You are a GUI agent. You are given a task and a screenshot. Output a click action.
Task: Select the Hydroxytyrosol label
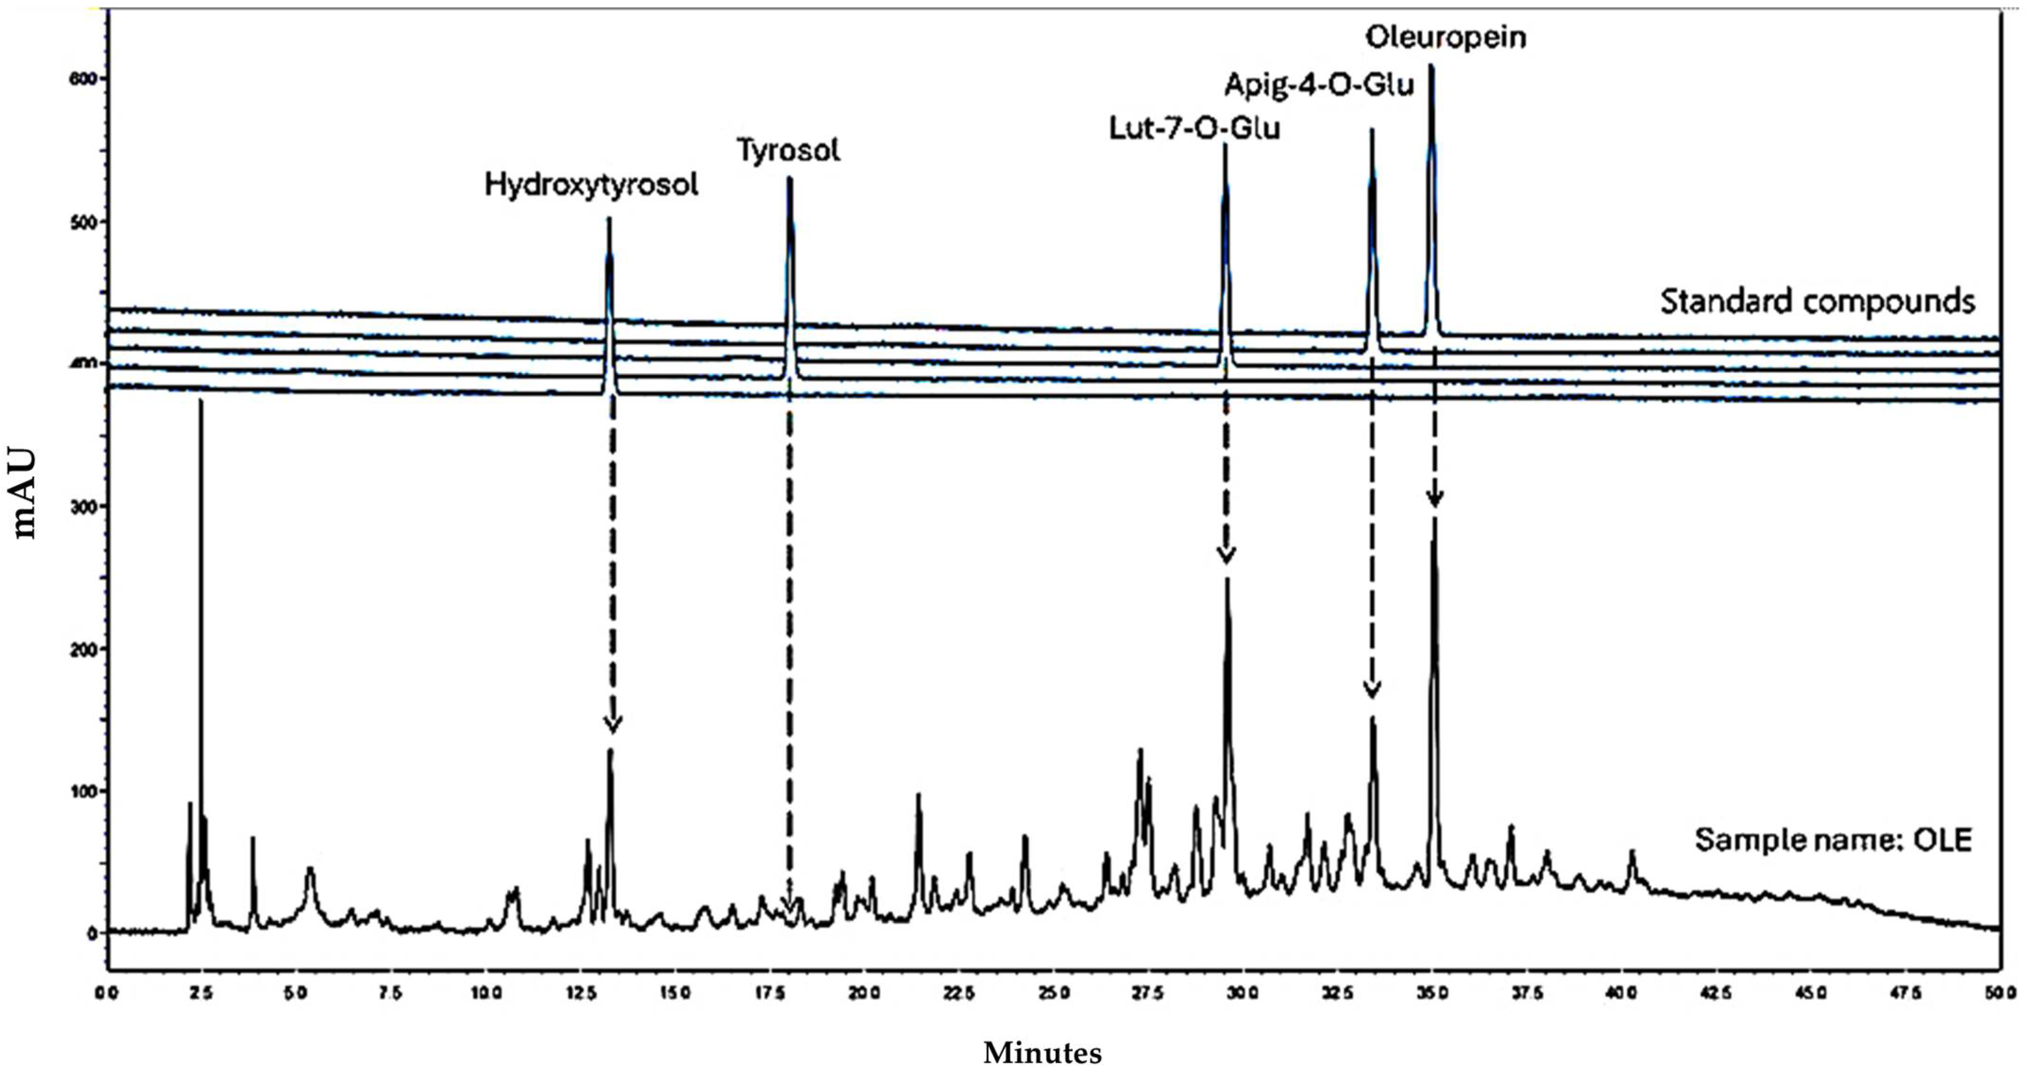click(x=591, y=185)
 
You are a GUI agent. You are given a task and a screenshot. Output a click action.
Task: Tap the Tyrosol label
click(x=788, y=150)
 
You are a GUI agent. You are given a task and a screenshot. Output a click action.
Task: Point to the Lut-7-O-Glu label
click(x=1194, y=128)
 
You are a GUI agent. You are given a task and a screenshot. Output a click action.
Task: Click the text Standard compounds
click(x=1817, y=301)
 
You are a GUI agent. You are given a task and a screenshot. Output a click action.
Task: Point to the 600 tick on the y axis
click(x=82, y=79)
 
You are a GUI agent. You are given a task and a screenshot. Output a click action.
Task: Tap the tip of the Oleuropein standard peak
click(x=1431, y=66)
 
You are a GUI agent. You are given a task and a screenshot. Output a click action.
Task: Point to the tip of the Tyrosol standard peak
click(x=790, y=178)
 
